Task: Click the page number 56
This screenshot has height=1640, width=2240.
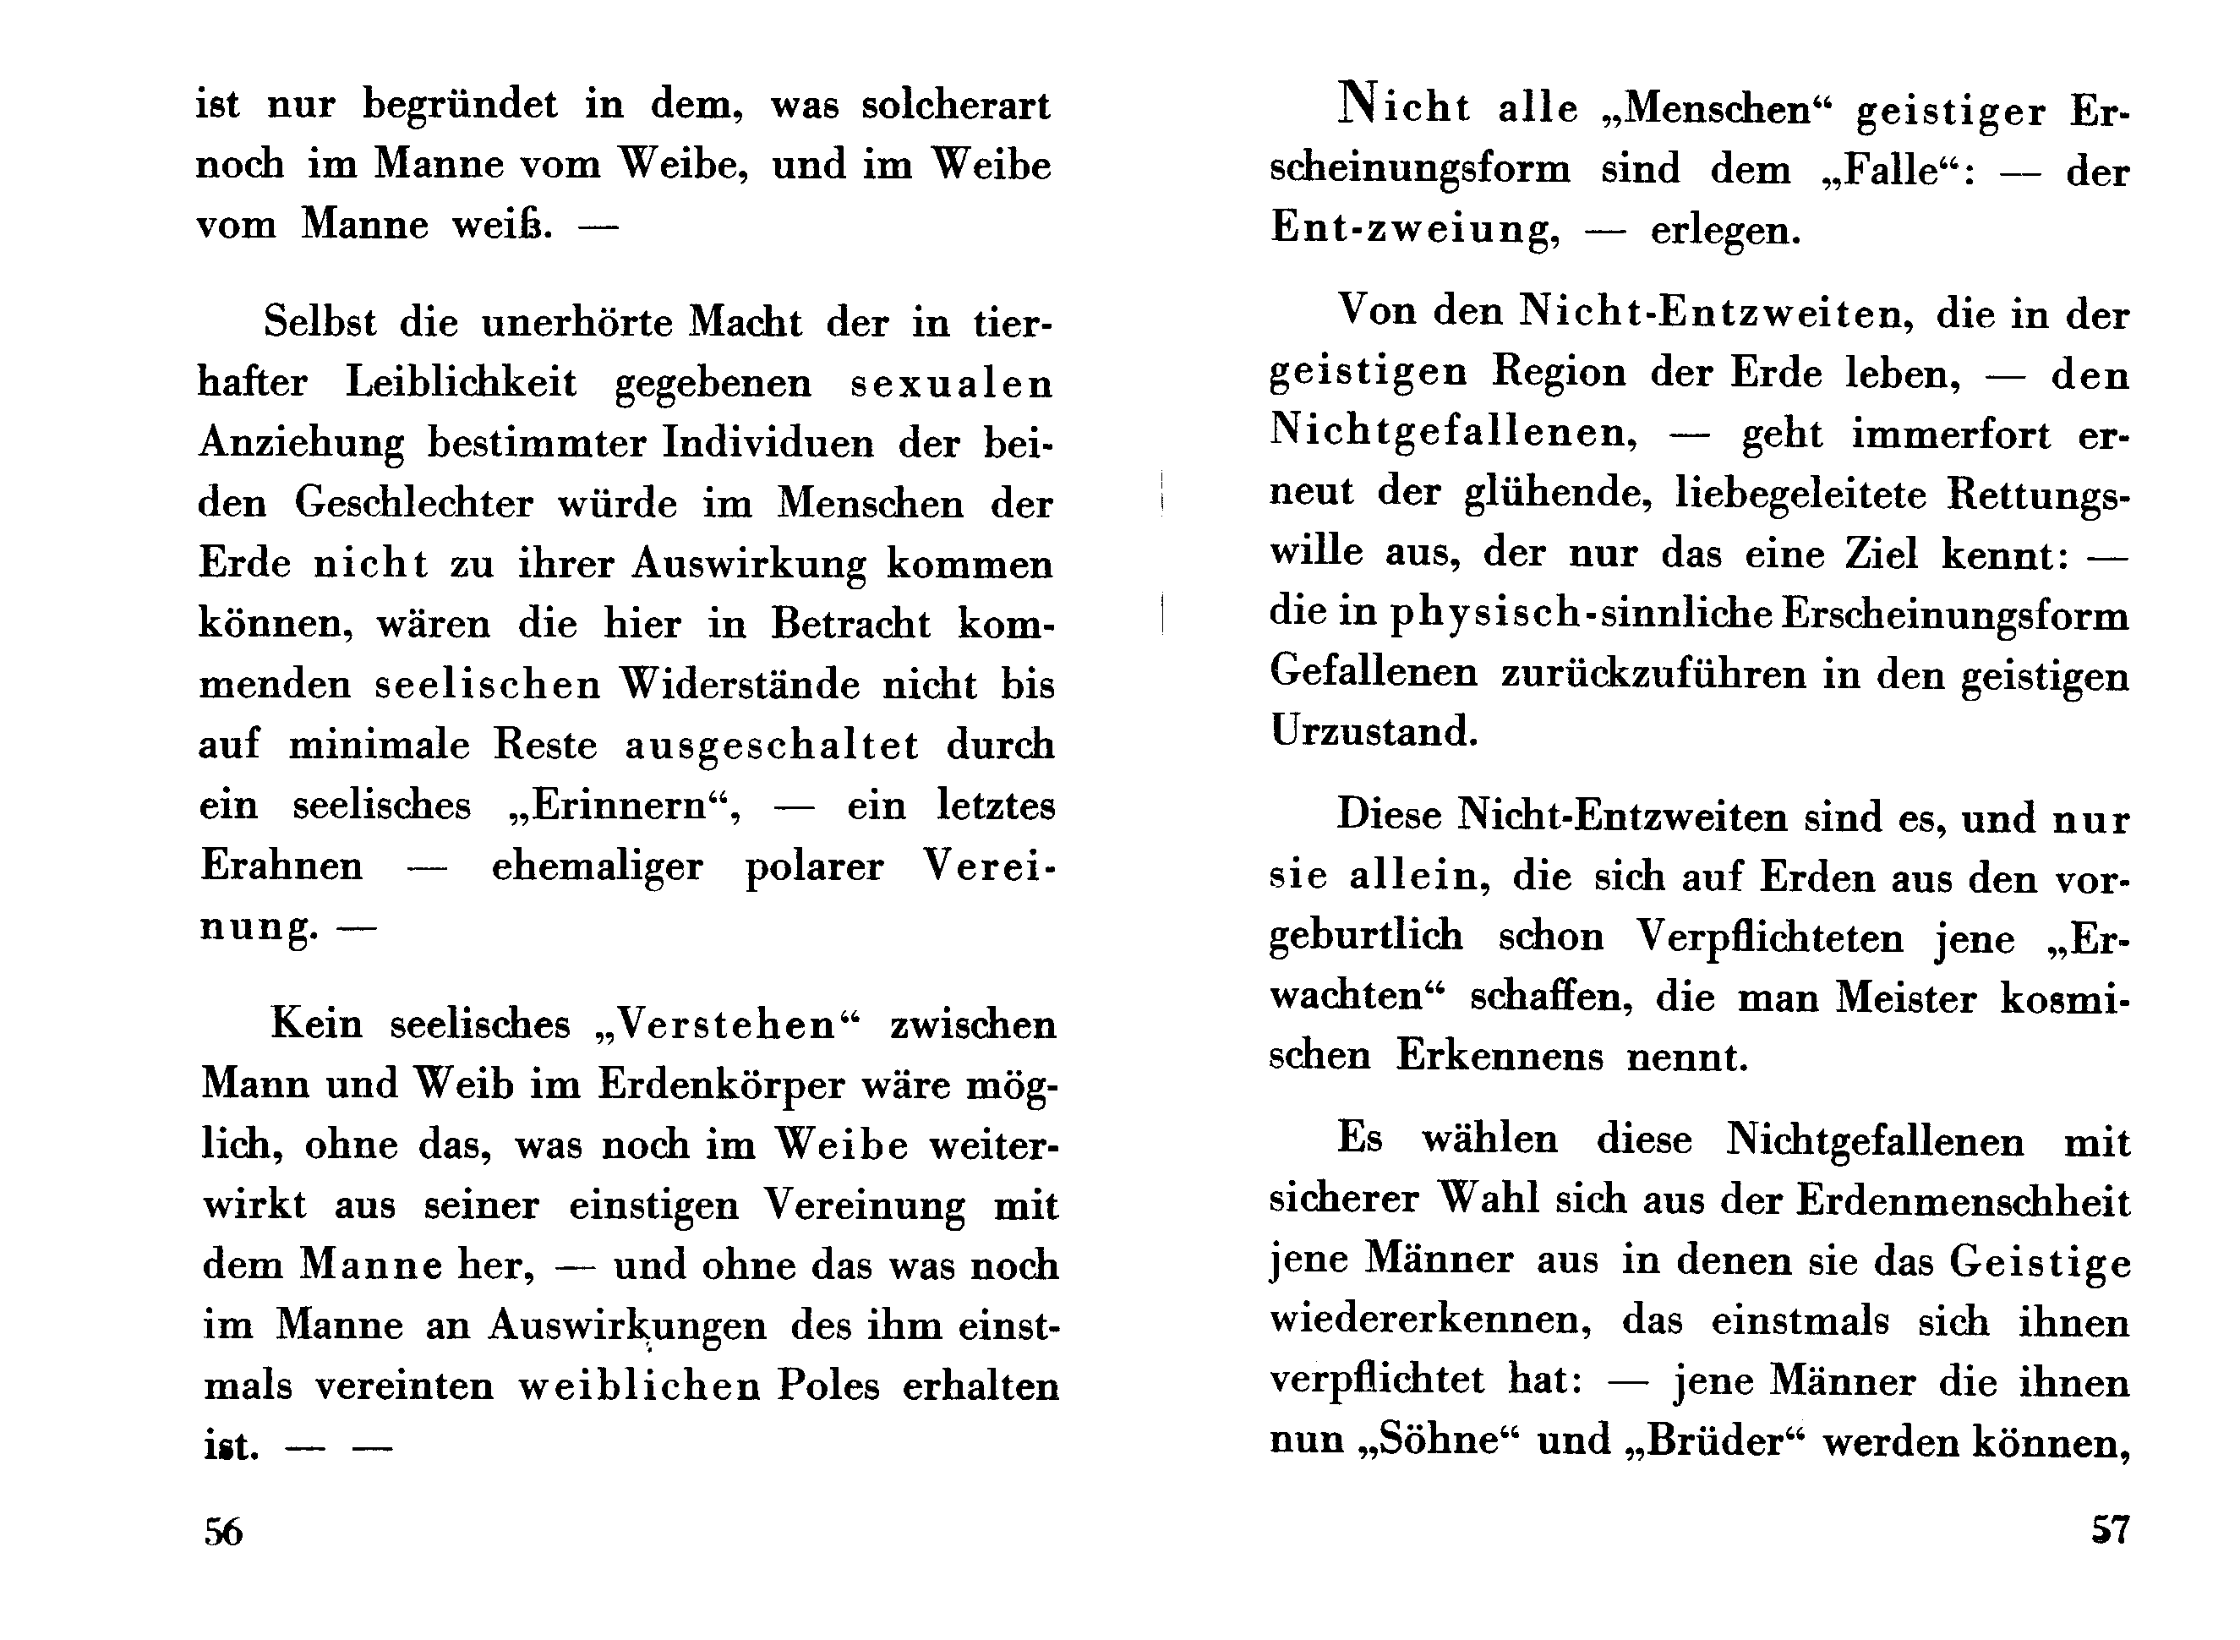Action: point(223,1532)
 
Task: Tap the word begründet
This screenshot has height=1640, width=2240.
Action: point(460,105)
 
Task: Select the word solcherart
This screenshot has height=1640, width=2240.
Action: point(955,105)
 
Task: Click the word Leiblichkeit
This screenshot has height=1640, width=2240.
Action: point(461,383)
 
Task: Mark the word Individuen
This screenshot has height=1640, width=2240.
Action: point(768,443)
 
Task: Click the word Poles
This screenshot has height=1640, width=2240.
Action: point(828,1386)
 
